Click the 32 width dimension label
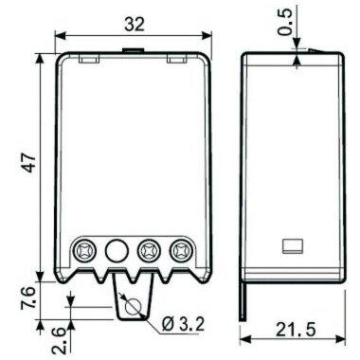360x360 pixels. pos(135,24)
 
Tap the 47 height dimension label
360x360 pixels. pos(29,163)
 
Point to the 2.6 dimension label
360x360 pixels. pos(59,340)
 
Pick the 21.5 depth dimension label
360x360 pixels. pos(296,330)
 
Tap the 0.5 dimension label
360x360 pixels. pos(286,22)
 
